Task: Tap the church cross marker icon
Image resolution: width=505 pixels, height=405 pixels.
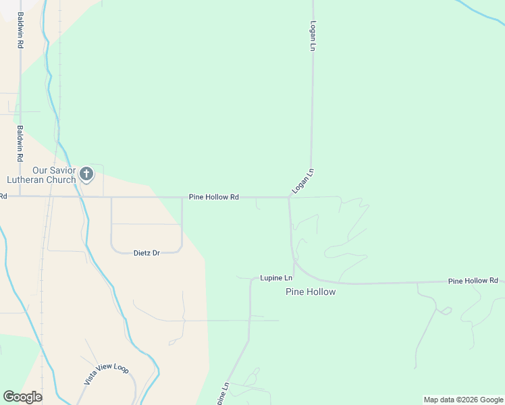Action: [x=86, y=174]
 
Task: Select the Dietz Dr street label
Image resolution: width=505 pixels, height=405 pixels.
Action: [x=147, y=253]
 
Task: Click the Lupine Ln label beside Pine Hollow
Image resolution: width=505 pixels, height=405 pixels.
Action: [x=276, y=278]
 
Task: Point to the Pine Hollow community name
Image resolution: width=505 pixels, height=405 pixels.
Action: [x=311, y=292]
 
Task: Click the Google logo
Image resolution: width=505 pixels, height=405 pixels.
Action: [x=22, y=397]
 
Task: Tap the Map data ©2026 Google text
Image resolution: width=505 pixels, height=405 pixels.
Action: [x=463, y=400]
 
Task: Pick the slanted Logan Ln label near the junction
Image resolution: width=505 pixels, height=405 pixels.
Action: [x=303, y=182]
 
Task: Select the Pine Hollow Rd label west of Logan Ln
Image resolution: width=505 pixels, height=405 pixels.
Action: [x=213, y=197]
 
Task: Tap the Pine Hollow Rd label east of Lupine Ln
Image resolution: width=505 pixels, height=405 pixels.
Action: [x=473, y=280]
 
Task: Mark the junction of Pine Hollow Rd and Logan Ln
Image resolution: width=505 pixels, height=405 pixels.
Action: [x=289, y=198]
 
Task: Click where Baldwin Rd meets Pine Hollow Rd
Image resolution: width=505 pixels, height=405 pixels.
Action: [x=20, y=196]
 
